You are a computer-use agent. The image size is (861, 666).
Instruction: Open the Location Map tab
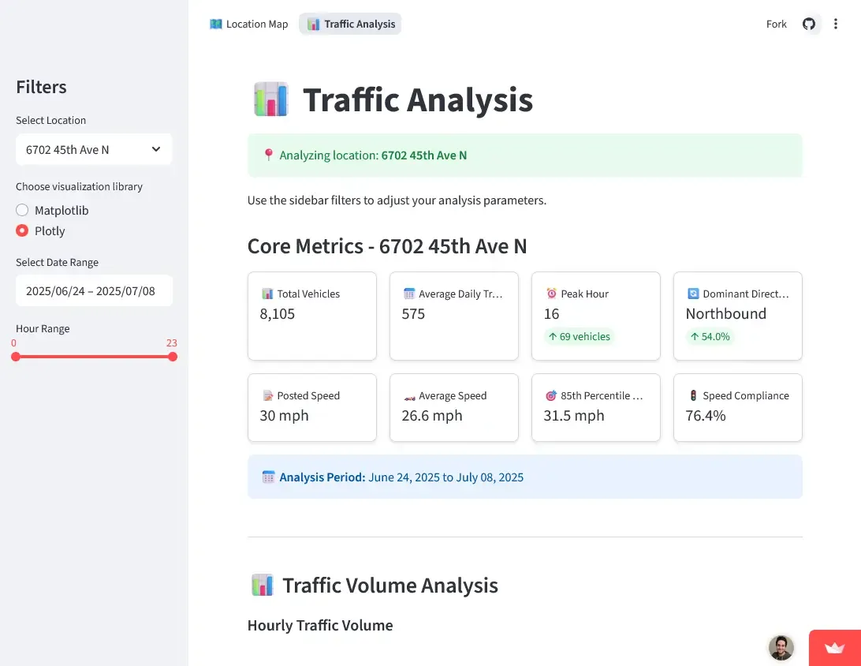pyautogui.click(x=249, y=24)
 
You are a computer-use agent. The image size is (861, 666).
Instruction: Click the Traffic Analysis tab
pyautogui.click(x=350, y=24)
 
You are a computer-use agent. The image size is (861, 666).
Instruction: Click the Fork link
pyautogui.click(x=776, y=24)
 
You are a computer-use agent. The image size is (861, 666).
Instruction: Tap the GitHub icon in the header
pyautogui.click(x=809, y=24)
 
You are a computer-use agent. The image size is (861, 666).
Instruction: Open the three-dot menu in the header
pyautogui.click(x=836, y=24)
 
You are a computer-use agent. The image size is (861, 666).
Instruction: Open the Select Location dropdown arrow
pyautogui.click(x=156, y=149)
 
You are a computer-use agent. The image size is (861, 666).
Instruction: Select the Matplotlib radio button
pyautogui.click(x=22, y=211)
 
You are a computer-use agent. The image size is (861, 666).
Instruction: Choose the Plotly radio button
pyautogui.click(x=22, y=231)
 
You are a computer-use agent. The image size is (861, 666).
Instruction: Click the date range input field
pyautogui.click(x=94, y=290)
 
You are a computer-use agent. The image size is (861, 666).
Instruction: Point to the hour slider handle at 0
pyautogui.click(x=16, y=357)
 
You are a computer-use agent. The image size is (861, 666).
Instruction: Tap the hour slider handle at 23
pyautogui.click(x=173, y=357)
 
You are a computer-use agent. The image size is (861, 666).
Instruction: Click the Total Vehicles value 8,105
pyautogui.click(x=278, y=314)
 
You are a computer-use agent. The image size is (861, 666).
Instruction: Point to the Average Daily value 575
pyautogui.click(x=413, y=314)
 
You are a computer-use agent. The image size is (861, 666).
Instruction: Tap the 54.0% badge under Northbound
pyautogui.click(x=710, y=337)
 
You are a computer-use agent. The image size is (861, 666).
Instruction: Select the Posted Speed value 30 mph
pyautogui.click(x=284, y=416)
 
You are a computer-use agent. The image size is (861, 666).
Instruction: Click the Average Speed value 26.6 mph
pyautogui.click(x=432, y=416)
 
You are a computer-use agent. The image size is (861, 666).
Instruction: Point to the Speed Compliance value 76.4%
pyautogui.click(x=706, y=416)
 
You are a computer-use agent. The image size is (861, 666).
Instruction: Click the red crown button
pyautogui.click(x=834, y=648)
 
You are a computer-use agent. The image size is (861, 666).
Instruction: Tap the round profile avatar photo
pyautogui.click(x=781, y=648)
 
